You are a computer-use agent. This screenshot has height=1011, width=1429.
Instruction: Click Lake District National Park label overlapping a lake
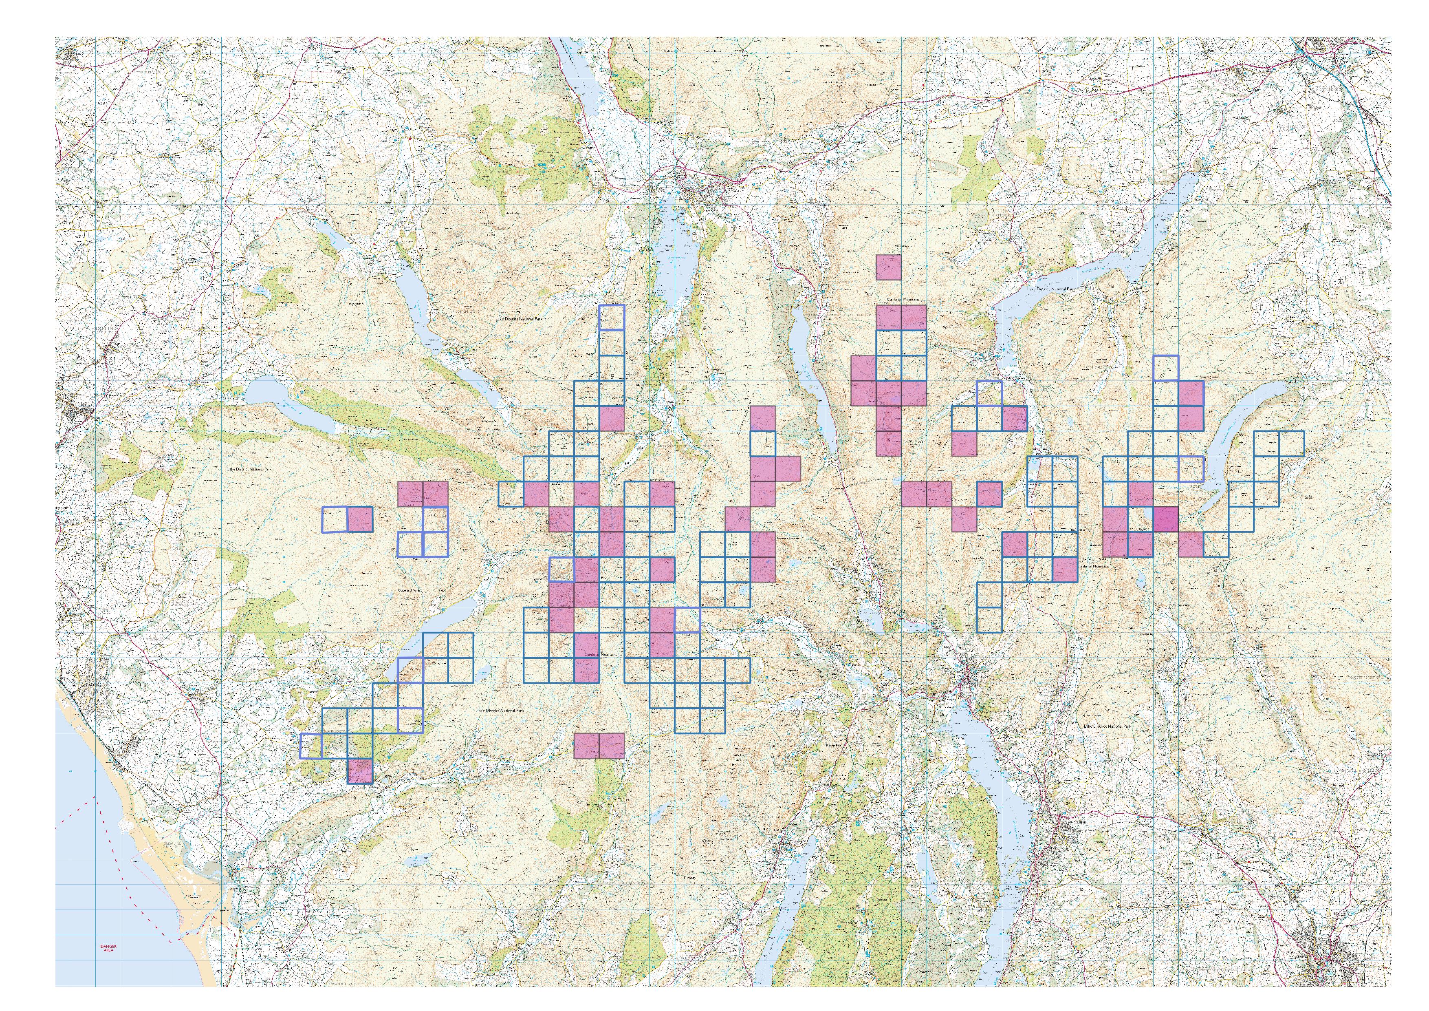pyautogui.click(x=1050, y=289)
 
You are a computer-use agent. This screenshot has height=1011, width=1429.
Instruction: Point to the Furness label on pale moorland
pyautogui.click(x=689, y=878)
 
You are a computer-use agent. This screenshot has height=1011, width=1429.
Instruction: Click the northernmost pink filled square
pyautogui.click(x=888, y=267)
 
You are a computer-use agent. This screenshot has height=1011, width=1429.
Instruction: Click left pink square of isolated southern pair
pyautogui.click(x=586, y=746)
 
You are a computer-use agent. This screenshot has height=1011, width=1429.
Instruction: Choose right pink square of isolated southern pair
pyautogui.click(x=611, y=746)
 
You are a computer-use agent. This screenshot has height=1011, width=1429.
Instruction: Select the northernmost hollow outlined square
pyautogui.click(x=611, y=317)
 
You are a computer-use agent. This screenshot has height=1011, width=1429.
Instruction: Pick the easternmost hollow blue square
pyautogui.click(x=1291, y=443)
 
